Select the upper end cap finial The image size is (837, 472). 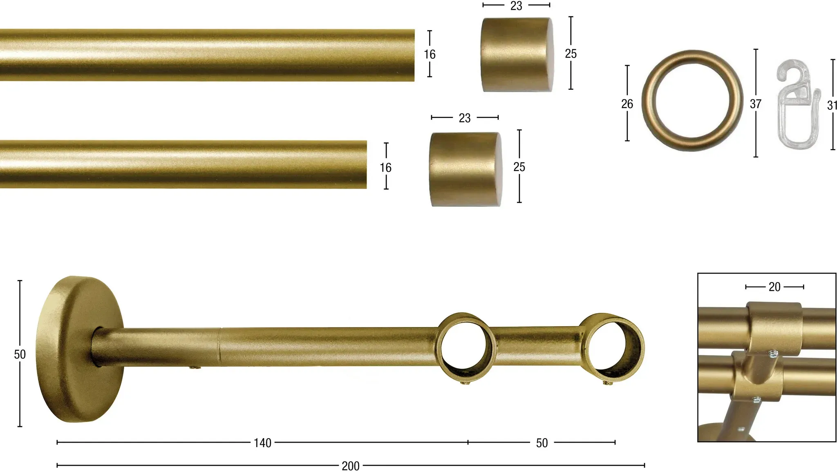coord(517,54)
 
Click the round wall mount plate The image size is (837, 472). coord(80,350)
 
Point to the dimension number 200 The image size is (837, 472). coord(351,466)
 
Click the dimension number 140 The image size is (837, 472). coord(262,443)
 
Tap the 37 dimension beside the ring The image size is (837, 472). coord(756,104)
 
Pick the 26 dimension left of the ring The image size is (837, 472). coord(627,104)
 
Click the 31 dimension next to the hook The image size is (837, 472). coord(832,105)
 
